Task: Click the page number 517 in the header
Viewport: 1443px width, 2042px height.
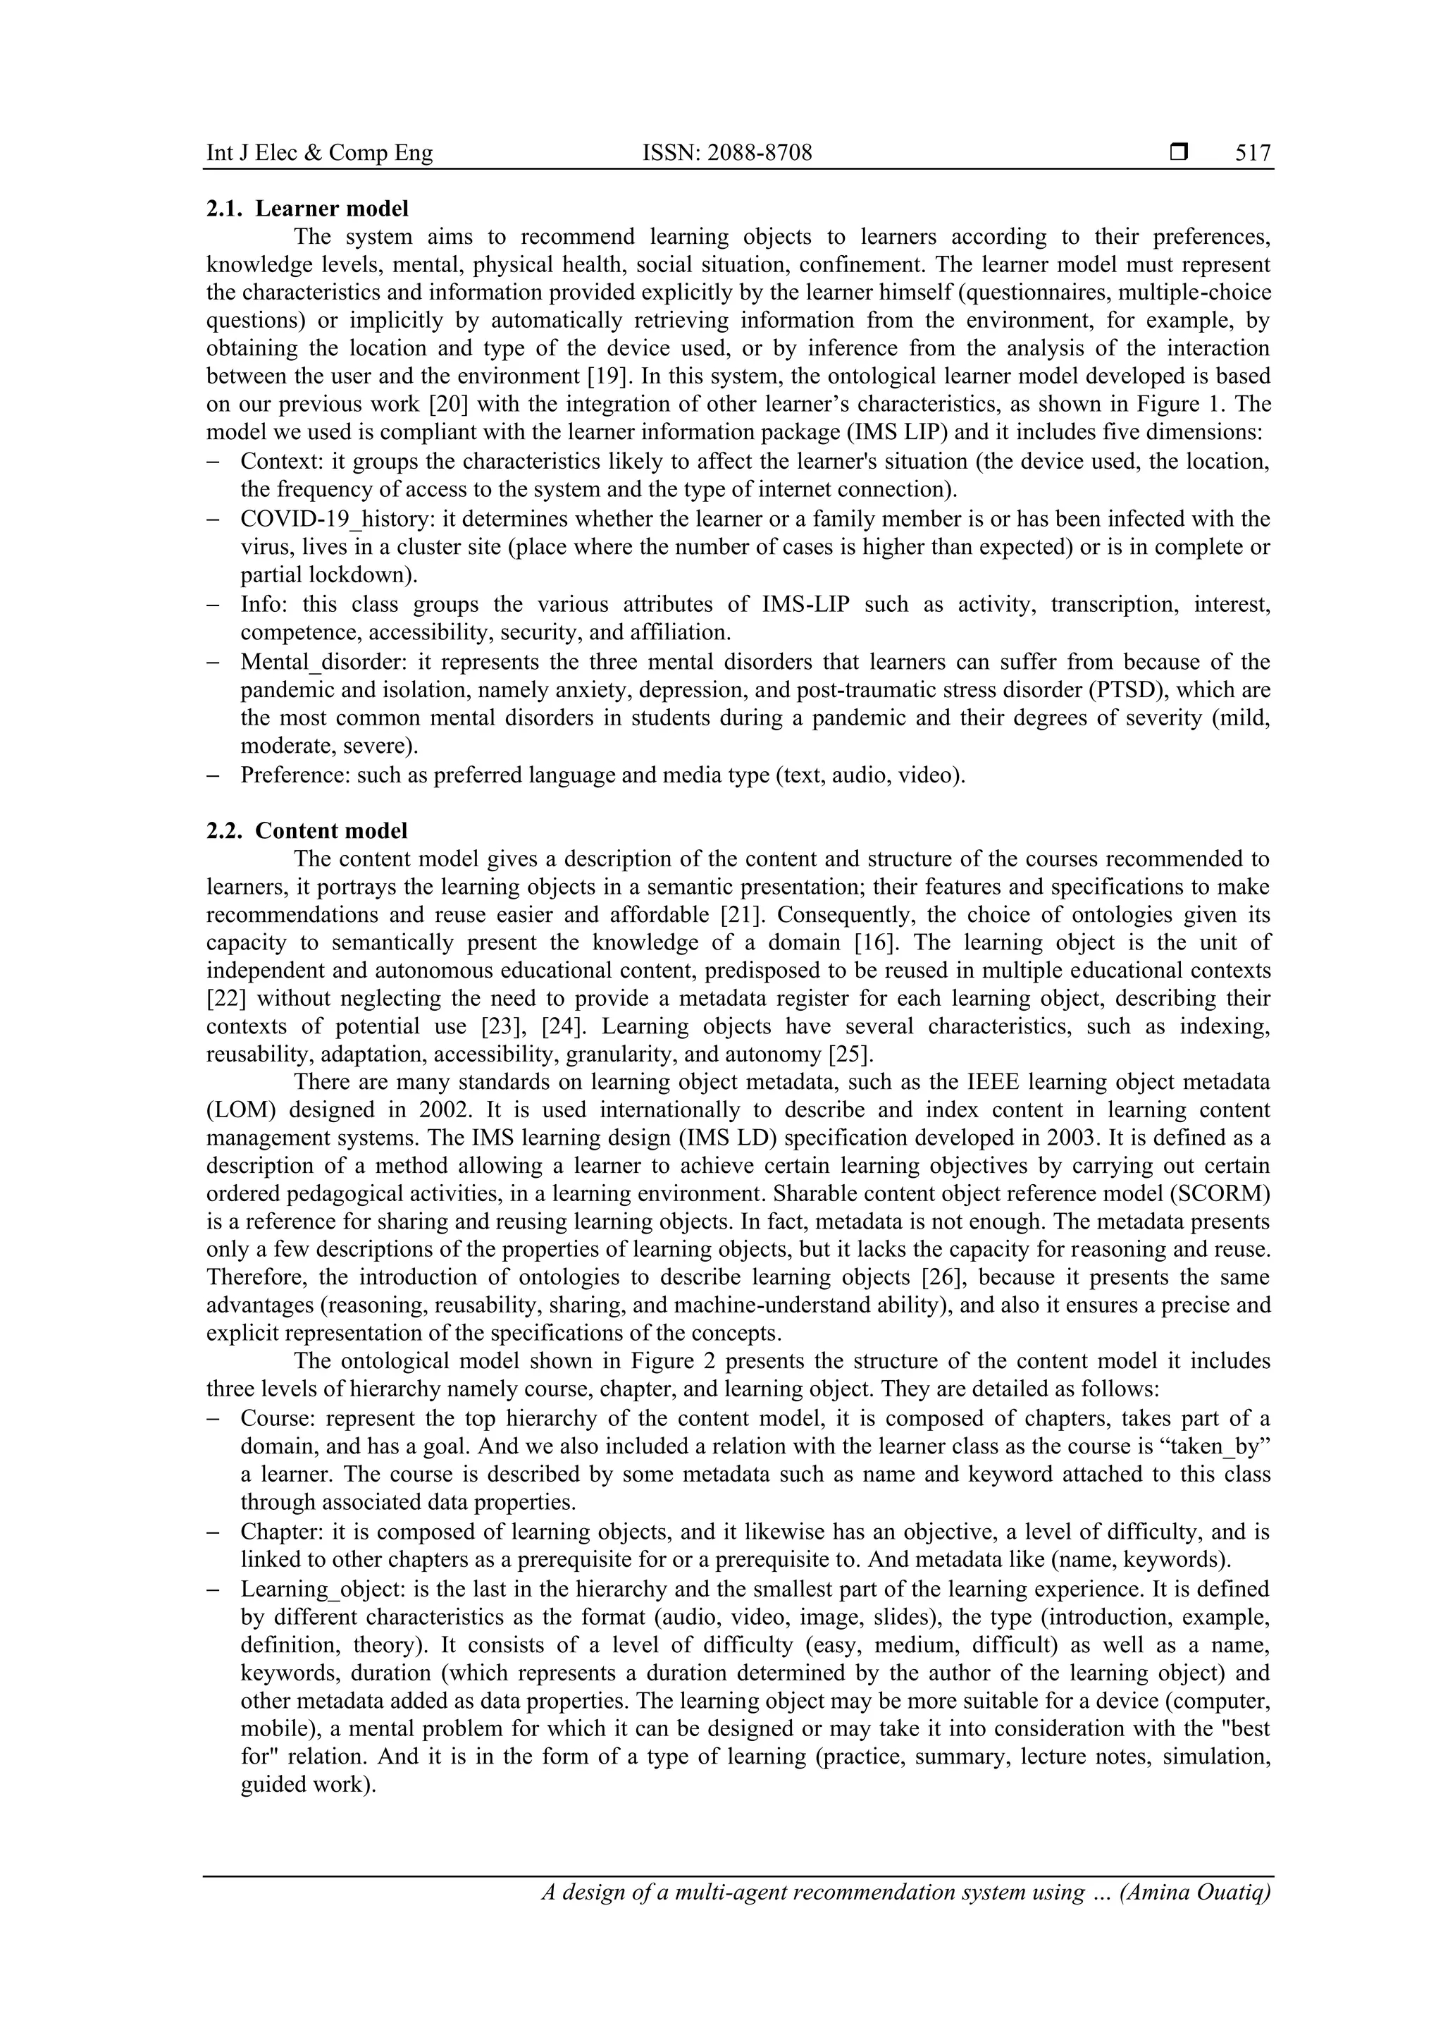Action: [x=1253, y=153]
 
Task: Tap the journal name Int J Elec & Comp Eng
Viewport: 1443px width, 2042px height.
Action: [x=319, y=153]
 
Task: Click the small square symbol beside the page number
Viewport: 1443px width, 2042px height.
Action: [x=1179, y=153]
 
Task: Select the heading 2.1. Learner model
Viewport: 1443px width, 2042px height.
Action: [x=308, y=209]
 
